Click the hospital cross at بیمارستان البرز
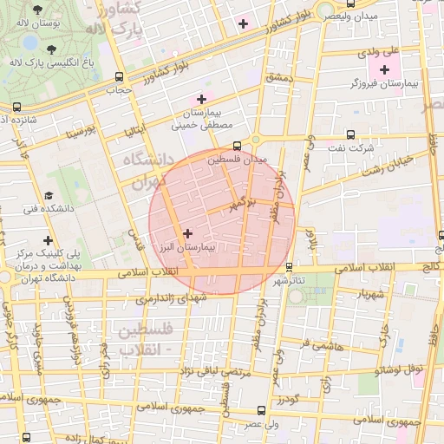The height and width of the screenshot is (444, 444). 188,232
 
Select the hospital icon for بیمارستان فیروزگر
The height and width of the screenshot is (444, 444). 385,69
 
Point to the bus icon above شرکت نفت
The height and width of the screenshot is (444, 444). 349,134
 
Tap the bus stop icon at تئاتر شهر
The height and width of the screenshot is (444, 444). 289,267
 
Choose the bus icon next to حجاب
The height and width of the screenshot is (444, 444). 117,75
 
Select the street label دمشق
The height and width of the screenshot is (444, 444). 282,78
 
